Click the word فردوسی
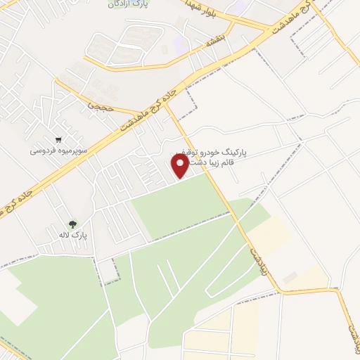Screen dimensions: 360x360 (x=43, y=150)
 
